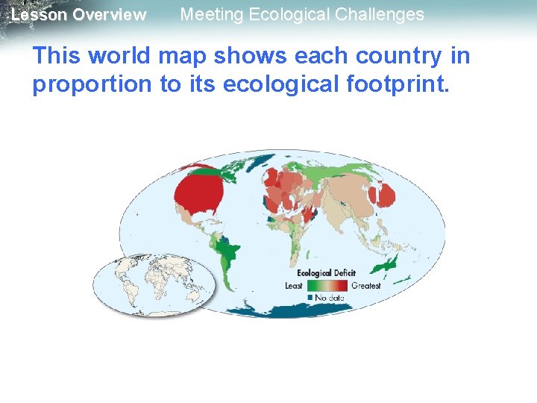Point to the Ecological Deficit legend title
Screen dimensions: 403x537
click(327, 273)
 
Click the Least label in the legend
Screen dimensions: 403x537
click(295, 286)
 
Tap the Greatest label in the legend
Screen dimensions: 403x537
click(365, 286)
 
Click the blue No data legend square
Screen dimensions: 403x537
click(310, 297)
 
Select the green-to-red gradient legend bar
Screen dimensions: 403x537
click(327, 285)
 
